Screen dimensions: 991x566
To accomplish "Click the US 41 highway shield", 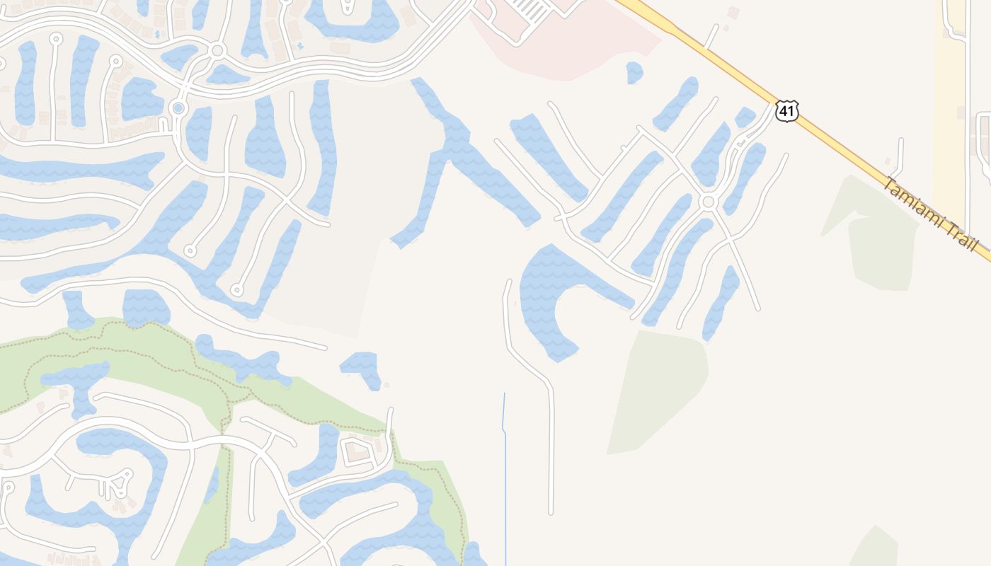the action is coord(787,110).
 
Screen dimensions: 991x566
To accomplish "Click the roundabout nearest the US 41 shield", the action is coord(707,202).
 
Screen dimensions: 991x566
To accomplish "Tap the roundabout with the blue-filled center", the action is coord(178,108).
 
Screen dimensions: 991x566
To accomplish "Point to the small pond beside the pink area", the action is coord(634,72).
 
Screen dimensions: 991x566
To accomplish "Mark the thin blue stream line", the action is coord(505,481).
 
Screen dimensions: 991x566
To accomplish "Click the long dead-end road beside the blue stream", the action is coord(551,453).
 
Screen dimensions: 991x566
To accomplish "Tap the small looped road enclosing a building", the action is coord(357,453).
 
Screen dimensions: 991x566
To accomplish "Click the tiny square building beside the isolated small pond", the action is coord(386,385).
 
